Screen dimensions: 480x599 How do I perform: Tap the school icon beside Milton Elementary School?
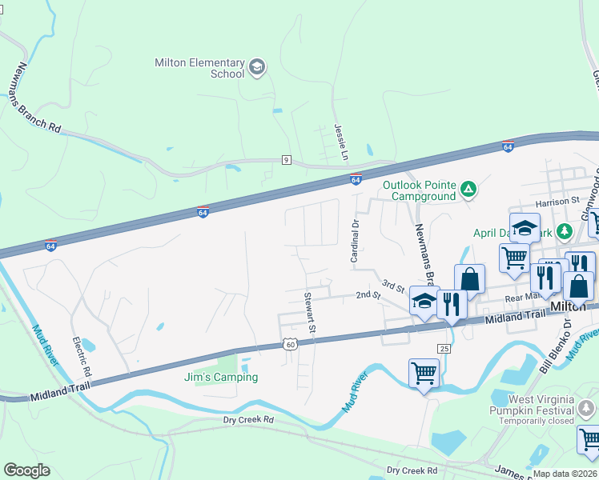point(257,67)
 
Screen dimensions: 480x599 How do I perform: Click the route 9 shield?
point(286,160)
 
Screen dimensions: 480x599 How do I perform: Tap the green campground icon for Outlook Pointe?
point(468,190)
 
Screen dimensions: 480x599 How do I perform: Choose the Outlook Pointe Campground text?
point(419,190)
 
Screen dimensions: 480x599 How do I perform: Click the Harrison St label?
point(558,202)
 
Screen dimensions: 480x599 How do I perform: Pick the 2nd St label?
point(367,294)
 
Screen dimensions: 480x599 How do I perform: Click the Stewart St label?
point(309,313)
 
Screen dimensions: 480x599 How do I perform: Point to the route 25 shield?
point(443,348)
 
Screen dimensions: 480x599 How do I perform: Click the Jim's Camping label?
point(220,377)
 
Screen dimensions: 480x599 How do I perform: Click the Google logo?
point(27,470)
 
